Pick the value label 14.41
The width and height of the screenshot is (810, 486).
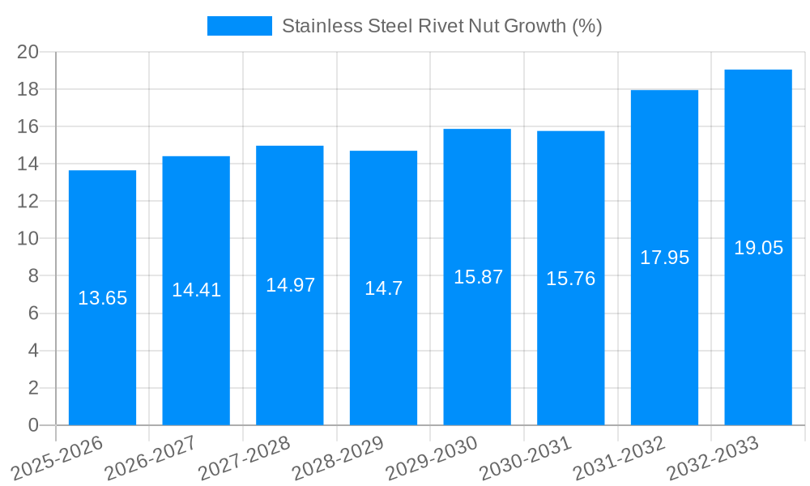[x=196, y=290]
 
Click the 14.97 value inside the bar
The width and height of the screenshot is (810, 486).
[x=290, y=285]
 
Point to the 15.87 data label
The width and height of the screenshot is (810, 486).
[x=478, y=277]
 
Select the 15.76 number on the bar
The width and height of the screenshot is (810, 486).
[x=570, y=279]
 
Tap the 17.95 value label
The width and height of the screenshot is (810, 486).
[x=664, y=258]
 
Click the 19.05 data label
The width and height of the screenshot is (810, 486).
[x=758, y=248]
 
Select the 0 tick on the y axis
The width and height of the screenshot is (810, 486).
[x=33, y=425]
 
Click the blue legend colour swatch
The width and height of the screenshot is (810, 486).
[x=239, y=26]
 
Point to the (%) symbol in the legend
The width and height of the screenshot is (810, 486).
[x=586, y=26]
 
